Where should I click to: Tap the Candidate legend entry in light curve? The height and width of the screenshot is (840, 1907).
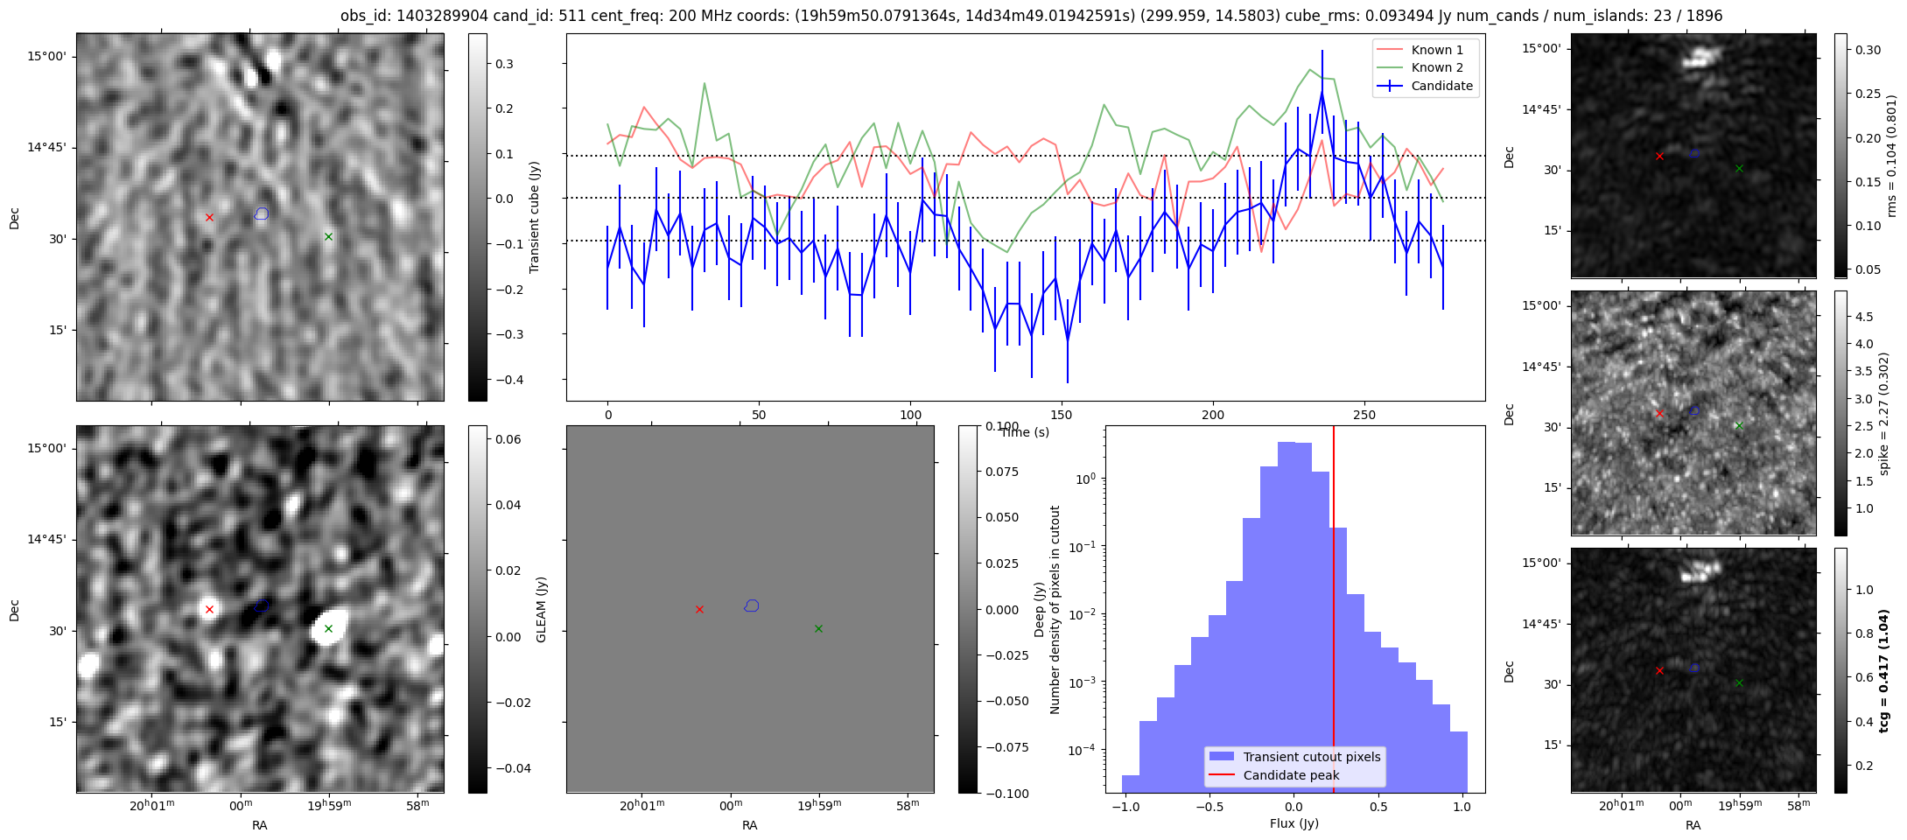click(x=1426, y=86)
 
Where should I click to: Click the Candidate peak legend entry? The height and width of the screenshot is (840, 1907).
click(x=1277, y=775)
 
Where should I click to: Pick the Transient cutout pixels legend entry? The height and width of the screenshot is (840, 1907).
click(x=1294, y=757)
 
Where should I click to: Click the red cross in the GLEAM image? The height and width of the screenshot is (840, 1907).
click(x=209, y=609)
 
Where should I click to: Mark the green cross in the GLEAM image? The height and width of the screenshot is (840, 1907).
click(x=328, y=628)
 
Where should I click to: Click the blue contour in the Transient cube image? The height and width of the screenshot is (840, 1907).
click(x=261, y=213)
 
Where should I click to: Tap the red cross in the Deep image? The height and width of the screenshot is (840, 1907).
click(x=699, y=609)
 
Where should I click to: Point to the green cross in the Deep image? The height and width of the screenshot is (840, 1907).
click(x=818, y=628)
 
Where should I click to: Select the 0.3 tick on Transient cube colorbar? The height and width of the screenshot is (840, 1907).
click(x=505, y=64)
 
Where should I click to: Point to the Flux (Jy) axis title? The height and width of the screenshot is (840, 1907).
click(x=1294, y=823)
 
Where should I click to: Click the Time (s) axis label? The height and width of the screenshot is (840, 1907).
click(x=1025, y=432)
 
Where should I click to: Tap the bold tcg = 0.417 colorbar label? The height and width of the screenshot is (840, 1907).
click(x=1883, y=670)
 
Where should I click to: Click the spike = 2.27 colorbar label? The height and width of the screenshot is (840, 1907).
click(x=1883, y=413)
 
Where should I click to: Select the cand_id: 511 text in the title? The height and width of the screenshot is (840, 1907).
click(x=518, y=16)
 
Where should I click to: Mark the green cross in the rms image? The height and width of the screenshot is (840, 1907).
click(x=1739, y=168)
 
